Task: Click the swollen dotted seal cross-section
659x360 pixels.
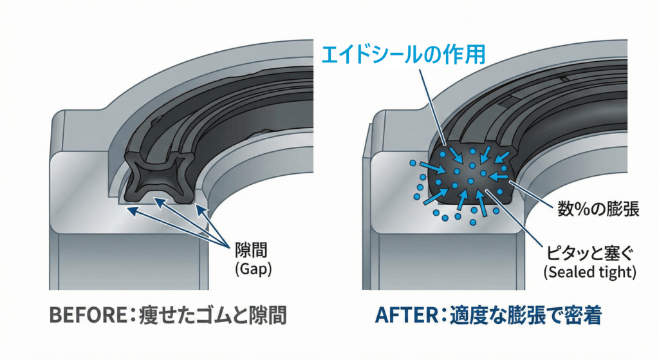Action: click(470, 173)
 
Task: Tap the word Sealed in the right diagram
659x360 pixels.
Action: click(569, 272)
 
